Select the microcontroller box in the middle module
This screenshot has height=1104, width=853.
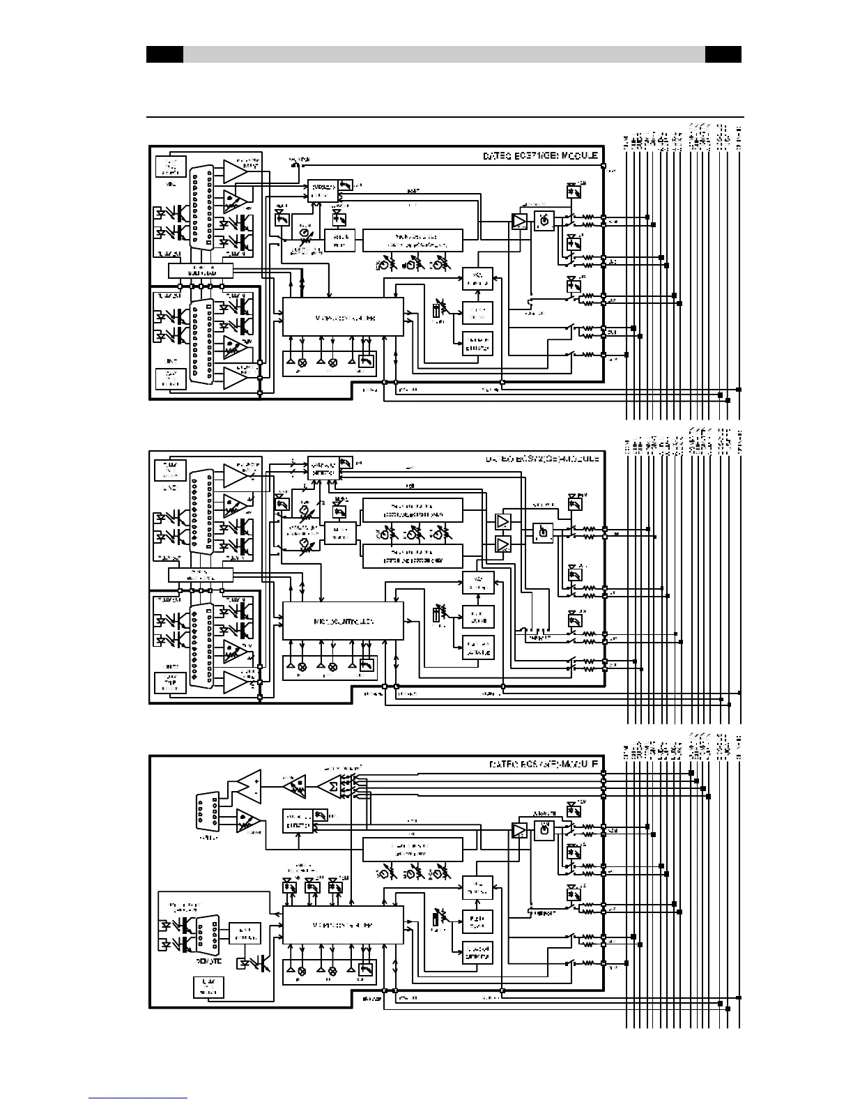pos(342,620)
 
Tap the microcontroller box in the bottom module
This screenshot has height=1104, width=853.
pos(342,925)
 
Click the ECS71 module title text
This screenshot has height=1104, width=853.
pos(540,156)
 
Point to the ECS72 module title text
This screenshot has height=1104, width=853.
pos(540,460)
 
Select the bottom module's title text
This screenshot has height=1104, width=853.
pos(540,765)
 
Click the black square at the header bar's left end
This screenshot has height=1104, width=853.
pos(164,54)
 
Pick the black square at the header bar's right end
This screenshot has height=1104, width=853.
pos(723,54)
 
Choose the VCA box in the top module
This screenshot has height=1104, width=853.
pos(478,279)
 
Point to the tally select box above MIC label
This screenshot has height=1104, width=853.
pos(170,168)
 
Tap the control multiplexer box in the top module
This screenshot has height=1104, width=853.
pos(201,270)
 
